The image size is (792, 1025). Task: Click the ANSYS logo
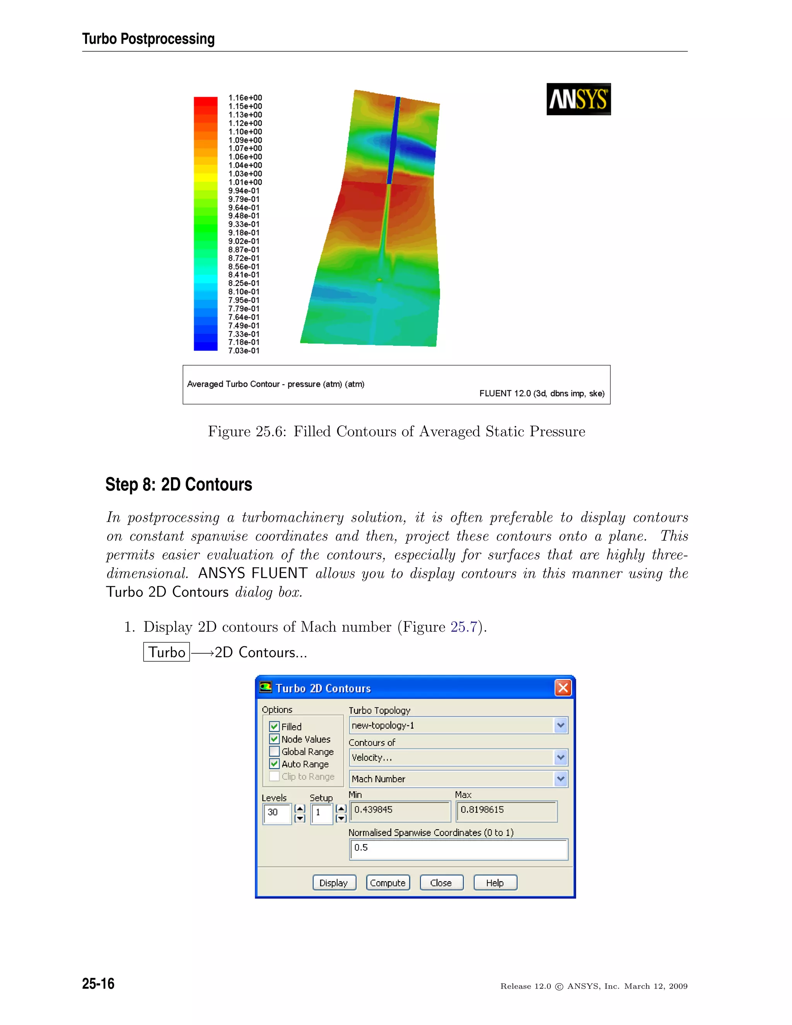coord(578,99)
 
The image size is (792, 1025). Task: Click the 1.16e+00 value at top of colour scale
coord(245,97)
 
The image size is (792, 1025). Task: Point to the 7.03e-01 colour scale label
coord(244,350)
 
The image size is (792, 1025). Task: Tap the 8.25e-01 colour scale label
coord(244,283)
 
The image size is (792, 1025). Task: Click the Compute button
coord(387,882)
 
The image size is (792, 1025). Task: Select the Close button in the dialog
coord(441,882)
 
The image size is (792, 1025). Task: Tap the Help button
coord(495,882)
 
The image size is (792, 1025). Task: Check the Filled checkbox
coord(275,726)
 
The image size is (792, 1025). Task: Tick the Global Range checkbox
coord(275,752)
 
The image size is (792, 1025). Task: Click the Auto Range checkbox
coord(275,764)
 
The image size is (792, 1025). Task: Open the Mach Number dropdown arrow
coord(560,779)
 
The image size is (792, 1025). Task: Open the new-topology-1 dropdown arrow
coord(560,725)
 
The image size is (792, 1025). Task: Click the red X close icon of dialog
coord(563,688)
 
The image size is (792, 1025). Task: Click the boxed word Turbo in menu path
coord(167,652)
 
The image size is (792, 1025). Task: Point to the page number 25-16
coord(98,983)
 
